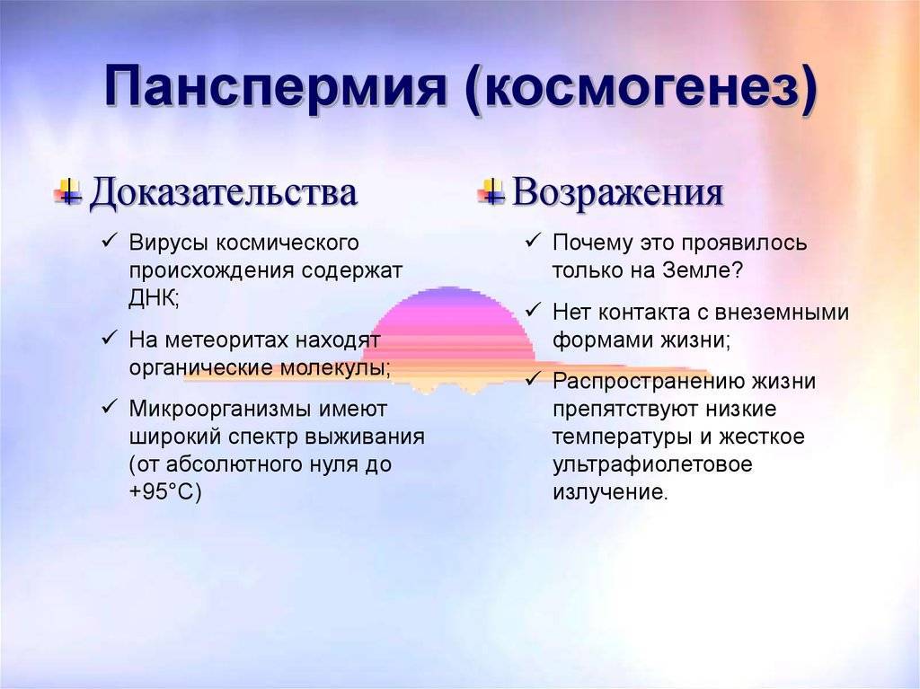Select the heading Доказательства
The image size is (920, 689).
tap(223, 192)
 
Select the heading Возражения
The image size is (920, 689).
tap(617, 192)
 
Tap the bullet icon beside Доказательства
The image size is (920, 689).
tap(68, 192)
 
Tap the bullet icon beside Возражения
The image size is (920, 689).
tap(491, 192)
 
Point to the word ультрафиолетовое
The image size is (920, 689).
tap(652, 465)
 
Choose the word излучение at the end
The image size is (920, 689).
tap(610, 493)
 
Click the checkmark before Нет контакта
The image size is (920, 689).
tap(533, 311)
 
